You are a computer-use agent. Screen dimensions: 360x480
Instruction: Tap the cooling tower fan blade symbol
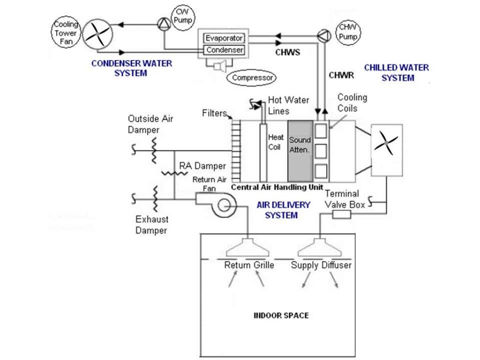[98, 34]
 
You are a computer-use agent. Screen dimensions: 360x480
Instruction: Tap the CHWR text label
[341, 75]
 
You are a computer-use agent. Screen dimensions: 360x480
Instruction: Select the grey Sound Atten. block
[300, 151]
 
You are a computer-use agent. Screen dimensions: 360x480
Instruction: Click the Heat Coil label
[276, 142]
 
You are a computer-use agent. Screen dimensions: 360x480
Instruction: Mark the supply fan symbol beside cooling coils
[387, 142]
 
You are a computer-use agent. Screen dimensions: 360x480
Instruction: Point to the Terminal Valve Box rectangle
[341, 214]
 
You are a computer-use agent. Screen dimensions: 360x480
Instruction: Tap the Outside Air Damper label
[150, 124]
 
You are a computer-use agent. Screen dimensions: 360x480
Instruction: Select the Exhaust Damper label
[151, 225]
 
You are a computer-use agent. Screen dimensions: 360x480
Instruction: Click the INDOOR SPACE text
[281, 315]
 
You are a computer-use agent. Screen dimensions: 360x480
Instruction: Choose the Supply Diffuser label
[321, 265]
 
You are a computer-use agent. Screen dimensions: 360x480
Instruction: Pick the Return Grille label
[249, 265]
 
